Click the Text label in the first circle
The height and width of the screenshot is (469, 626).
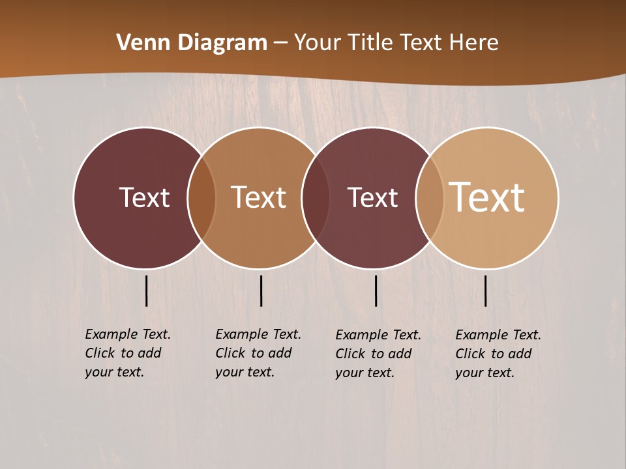(144, 197)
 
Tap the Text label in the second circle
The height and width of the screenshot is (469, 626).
(259, 197)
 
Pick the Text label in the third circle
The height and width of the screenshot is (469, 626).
(372, 197)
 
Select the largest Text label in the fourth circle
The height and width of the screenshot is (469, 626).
(487, 197)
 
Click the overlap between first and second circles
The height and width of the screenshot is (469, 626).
(201, 198)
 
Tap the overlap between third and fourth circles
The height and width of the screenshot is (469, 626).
(430, 198)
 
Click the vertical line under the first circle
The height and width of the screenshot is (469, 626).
(146, 291)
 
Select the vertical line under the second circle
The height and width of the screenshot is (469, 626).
(261, 291)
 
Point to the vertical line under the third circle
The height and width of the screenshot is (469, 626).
(376, 291)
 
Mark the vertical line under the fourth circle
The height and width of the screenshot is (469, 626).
(486, 291)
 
